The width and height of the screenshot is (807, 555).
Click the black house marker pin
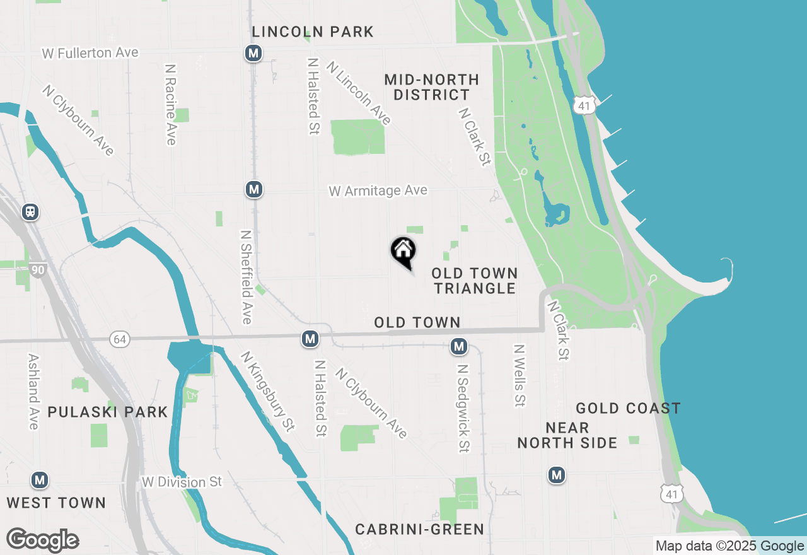pos(403,252)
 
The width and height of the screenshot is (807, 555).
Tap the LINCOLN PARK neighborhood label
pos(313,32)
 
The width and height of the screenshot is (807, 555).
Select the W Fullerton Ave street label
pos(90,53)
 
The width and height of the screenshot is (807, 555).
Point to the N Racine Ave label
pos(170,104)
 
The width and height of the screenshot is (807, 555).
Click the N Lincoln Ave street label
pos(359,92)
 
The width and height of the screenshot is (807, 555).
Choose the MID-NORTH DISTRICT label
pos(431,87)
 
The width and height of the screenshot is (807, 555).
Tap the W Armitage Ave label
pos(378,190)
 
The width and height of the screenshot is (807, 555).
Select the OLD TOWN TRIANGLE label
pos(475,281)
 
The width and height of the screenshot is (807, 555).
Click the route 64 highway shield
pos(120,340)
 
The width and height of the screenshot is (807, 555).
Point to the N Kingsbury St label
pos(267,391)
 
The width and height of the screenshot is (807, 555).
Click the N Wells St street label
pos(519,375)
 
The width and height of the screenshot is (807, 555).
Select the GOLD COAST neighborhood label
pos(628,408)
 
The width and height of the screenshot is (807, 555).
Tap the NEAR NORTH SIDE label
pos(567,435)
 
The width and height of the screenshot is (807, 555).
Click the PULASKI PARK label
pos(108,412)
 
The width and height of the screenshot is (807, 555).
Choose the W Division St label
pos(182,482)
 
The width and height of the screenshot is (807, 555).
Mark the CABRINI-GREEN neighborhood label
pos(419,529)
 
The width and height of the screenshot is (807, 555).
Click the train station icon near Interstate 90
pos(30,212)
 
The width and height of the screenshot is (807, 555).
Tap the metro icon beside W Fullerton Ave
pos(253,54)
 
